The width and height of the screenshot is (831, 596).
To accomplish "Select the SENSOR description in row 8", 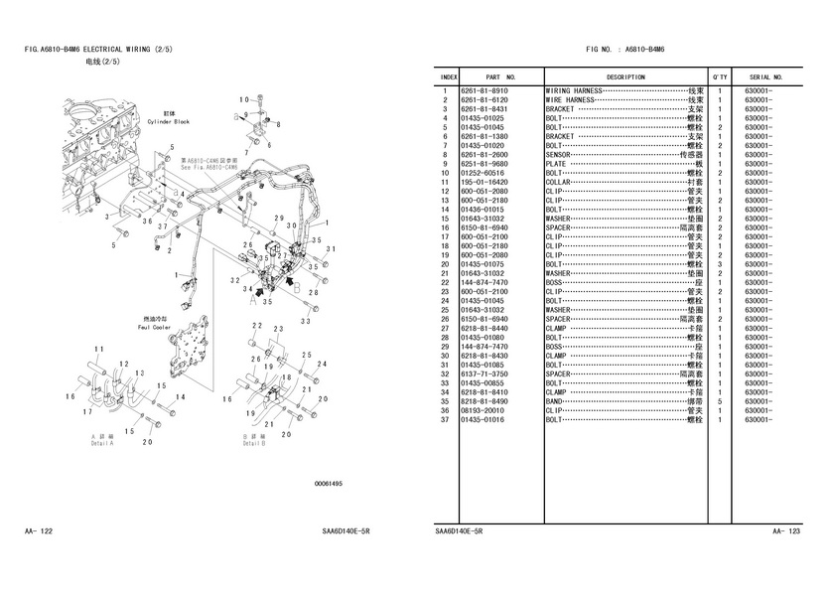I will (558, 155).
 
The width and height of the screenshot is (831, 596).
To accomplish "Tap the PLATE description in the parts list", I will (556, 164).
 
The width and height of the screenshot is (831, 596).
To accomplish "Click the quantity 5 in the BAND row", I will (718, 401).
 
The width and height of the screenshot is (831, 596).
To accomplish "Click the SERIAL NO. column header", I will (766, 76).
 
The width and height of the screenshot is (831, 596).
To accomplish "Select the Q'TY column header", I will (719, 76).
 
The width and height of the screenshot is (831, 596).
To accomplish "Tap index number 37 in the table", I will (447, 420).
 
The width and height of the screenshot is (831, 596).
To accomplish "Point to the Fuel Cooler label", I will (157, 327).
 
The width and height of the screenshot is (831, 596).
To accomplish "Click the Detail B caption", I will (255, 442).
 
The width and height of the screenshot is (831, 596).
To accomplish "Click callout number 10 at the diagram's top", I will (243, 98).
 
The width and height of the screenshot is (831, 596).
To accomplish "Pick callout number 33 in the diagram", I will (306, 320).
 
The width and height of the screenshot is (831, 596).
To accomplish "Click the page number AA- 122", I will (39, 532).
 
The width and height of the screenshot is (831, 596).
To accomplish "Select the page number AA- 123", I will (786, 532).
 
